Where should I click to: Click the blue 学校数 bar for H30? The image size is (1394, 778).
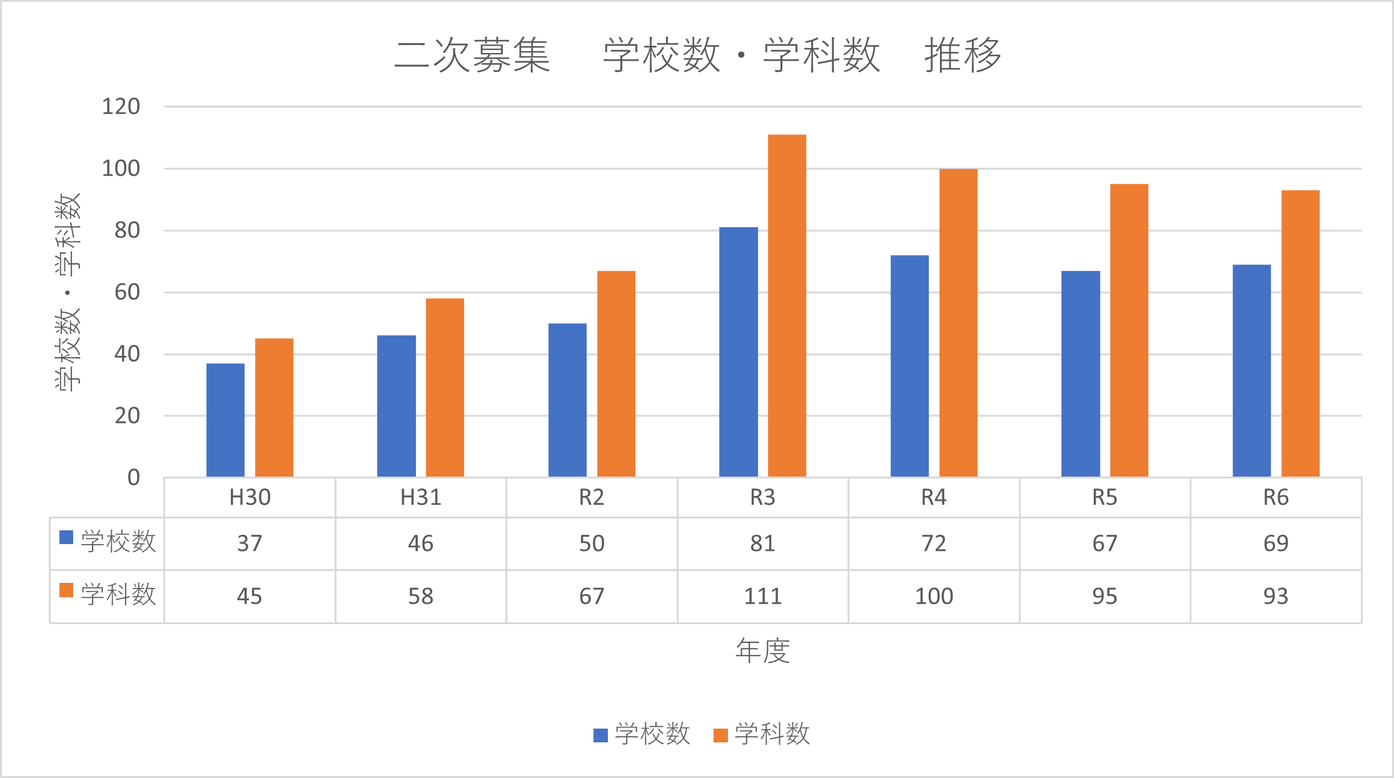[225, 420]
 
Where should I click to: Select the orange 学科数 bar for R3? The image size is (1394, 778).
[787, 306]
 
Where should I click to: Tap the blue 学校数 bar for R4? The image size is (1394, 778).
[909, 366]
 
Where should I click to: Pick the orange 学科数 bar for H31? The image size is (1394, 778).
[445, 388]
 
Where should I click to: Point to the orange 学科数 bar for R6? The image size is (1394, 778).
[1300, 333]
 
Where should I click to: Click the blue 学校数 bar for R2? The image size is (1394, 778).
[567, 400]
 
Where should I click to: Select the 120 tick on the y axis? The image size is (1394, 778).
[121, 107]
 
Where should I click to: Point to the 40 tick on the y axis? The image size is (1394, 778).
[128, 354]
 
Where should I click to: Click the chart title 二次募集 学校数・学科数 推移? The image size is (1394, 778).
[697, 55]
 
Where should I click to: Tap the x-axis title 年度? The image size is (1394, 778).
[762, 651]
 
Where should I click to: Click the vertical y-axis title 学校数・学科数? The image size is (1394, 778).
[68, 292]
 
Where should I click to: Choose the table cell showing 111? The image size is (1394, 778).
[762, 597]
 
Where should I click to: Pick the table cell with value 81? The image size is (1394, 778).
[762, 543]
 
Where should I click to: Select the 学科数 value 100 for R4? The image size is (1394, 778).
[934, 597]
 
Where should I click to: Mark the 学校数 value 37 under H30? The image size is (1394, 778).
[250, 543]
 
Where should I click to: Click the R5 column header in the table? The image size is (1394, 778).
[1104, 498]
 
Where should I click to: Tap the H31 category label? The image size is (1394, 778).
[420, 498]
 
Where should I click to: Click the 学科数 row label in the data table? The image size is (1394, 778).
[118, 594]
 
